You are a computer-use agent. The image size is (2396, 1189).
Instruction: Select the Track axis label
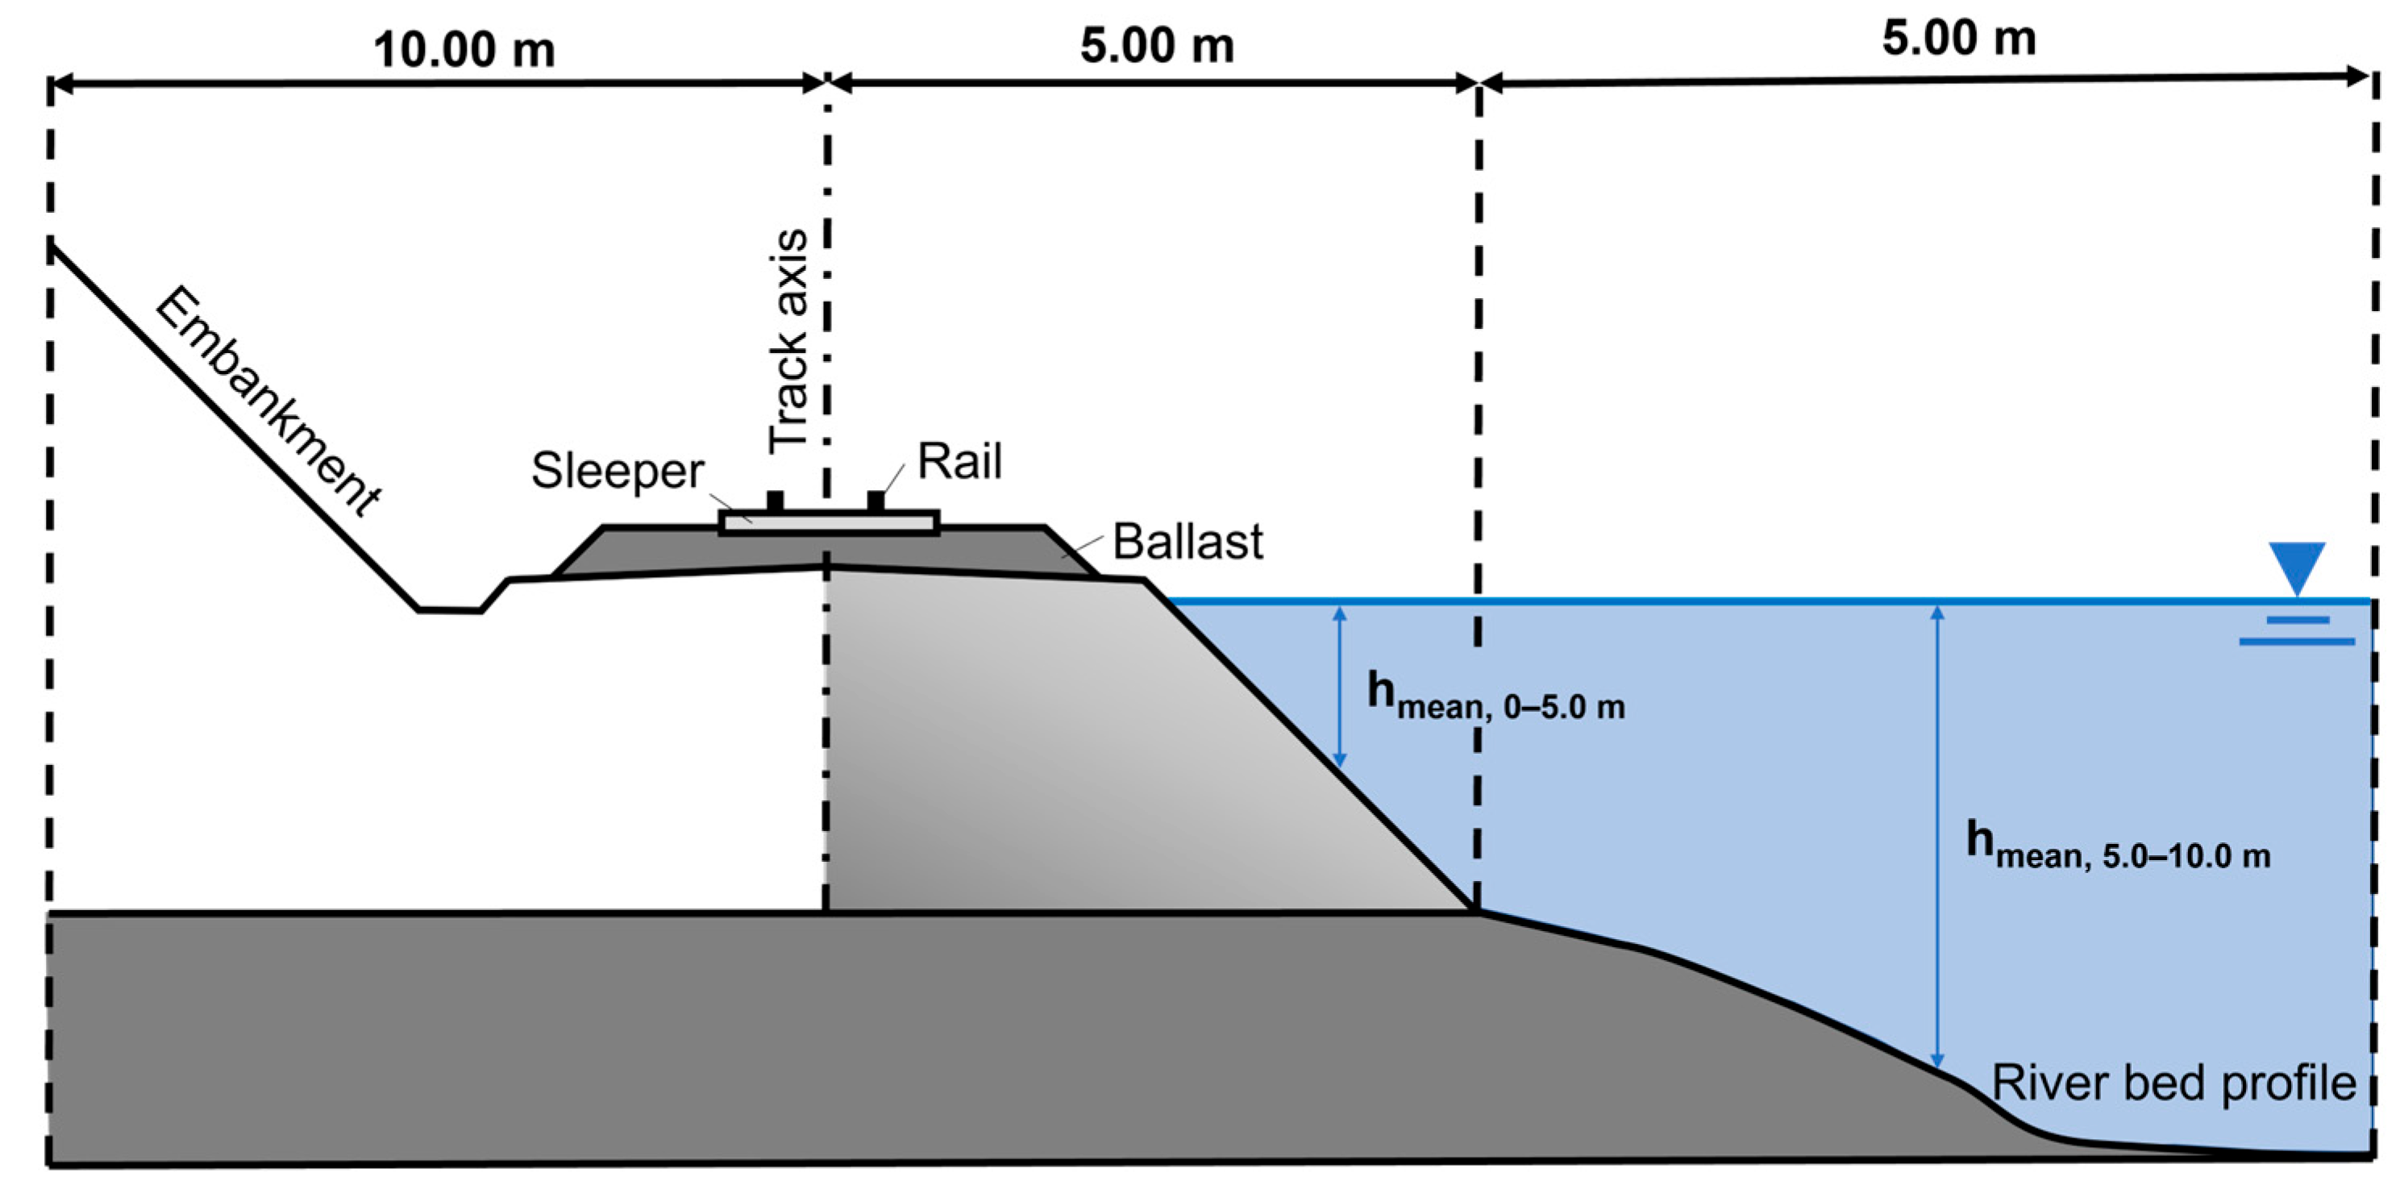click(x=788, y=343)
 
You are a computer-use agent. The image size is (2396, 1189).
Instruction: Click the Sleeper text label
click(x=617, y=471)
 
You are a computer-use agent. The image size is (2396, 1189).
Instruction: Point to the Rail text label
click(x=959, y=461)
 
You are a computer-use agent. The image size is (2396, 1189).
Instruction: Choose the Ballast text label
click(x=1187, y=541)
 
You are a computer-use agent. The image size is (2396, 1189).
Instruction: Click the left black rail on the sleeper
click(x=775, y=502)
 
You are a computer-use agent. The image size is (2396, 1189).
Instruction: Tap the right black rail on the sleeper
click(x=876, y=502)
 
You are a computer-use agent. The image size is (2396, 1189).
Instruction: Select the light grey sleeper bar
click(x=828, y=524)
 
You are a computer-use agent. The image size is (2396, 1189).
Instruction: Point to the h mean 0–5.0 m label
click(x=1495, y=696)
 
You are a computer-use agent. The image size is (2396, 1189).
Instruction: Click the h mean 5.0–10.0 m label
click(x=2117, y=845)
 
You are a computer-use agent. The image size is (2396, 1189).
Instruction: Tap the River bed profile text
click(x=2173, y=1082)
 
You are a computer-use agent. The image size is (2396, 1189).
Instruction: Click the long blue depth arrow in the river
click(x=1937, y=838)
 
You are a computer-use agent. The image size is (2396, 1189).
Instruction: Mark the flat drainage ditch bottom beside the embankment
click(x=449, y=610)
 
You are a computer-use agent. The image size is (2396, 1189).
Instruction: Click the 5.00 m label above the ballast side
click(x=1156, y=46)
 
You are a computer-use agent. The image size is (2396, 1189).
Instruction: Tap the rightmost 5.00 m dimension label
click(x=1959, y=38)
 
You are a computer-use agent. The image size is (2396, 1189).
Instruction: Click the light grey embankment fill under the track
click(x=1070, y=744)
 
